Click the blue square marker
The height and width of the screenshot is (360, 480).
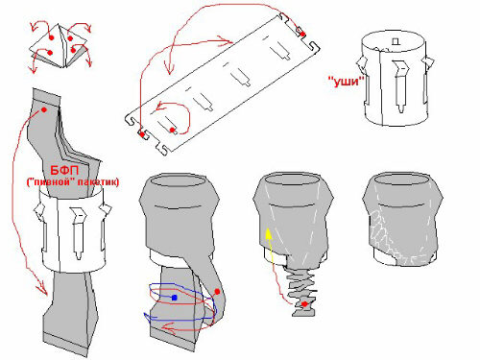tap(175, 298)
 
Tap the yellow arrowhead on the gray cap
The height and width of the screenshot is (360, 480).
tap(269, 233)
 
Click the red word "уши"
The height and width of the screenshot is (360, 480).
tap(347, 82)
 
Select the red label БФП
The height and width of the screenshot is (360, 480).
tap(64, 170)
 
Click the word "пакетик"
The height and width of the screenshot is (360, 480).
tap(101, 182)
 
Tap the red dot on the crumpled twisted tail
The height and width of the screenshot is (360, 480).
tap(304, 303)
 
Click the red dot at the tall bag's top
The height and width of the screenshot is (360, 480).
tap(44, 109)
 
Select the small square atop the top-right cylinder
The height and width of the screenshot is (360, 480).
tap(396, 41)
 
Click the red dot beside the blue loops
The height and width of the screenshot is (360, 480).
tap(217, 292)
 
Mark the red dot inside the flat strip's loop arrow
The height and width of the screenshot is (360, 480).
tap(172, 130)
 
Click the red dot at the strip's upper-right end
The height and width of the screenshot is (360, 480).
tap(302, 35)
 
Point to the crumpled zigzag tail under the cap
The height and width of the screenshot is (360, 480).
tap(301, 290)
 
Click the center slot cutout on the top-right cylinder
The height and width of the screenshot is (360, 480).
tap(400, 85)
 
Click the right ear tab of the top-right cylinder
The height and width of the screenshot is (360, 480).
tap(428, 62)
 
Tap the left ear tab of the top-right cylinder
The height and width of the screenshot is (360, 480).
tap(362, 63)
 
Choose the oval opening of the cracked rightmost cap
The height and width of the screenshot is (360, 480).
tap(402, 180)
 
